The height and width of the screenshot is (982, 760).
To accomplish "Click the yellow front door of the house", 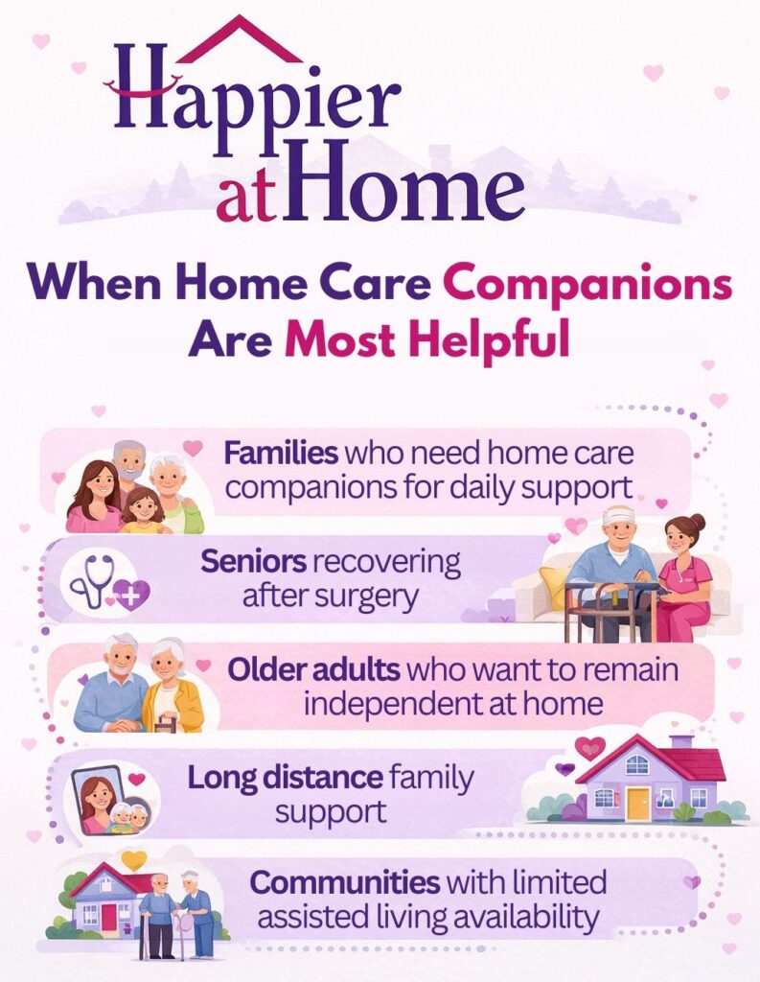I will click(x=637, y=803).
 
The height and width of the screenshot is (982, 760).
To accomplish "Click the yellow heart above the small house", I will click(x=134, y=859).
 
